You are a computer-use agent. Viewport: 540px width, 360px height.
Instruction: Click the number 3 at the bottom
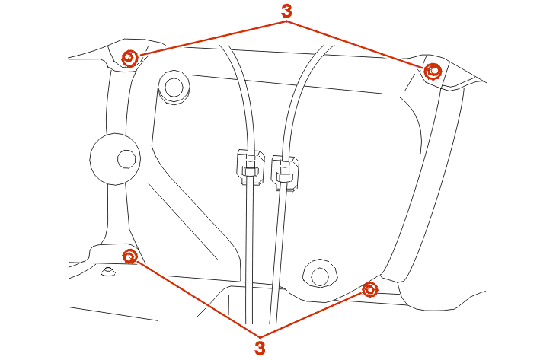[x=260, y=349]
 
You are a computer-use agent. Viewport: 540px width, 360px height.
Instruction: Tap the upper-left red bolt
[x=130, y=57]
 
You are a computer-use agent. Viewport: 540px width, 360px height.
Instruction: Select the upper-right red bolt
[x=433, y=72]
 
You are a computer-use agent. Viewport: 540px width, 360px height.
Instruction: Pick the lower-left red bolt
[x=130, y=256]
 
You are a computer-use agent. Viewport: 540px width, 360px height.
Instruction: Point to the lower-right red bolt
[x=370, y=289]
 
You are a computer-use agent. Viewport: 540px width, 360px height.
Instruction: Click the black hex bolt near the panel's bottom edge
[x=318, y=272]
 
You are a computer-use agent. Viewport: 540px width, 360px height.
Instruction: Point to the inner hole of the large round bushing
[x=126, y=159]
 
